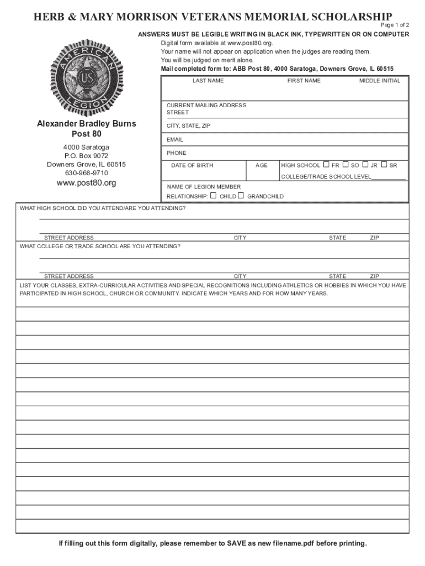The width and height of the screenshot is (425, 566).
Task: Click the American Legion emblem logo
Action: [86, 75]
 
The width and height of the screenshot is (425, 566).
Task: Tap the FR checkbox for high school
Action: [326, 164]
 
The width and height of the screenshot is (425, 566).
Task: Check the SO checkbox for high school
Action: [346, 164]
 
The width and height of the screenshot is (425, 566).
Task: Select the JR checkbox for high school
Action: [365, 164]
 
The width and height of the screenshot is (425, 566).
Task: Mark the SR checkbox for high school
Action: [384, 164]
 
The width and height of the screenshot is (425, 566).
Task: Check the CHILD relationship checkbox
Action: [214, 196]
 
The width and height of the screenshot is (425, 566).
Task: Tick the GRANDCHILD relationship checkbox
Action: [241, 196]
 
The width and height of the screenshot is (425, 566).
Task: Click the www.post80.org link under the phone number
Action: [86, 183]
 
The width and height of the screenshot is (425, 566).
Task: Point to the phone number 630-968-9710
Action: [86, 173]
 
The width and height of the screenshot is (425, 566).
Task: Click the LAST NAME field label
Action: [208, 81]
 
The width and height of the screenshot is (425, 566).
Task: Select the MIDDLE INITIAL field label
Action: [380, 81]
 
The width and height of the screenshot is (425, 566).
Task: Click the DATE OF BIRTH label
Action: [192, 165]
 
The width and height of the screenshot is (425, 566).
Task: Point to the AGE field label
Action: [262, 165]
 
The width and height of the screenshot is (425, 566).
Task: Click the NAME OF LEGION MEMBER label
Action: [204, 187]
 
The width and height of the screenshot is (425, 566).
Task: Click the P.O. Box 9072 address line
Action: [86, 156]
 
